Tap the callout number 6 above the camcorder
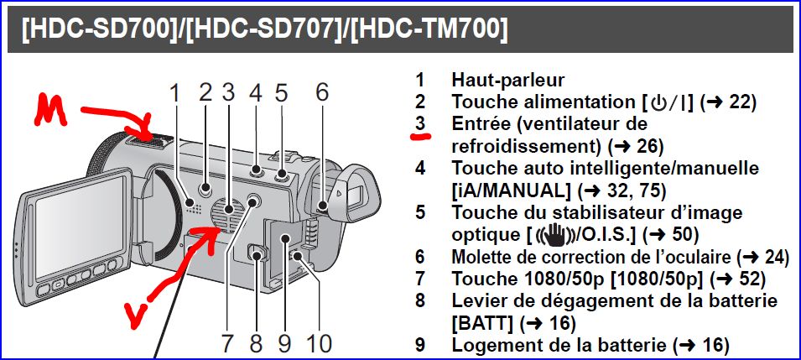pyautogui.click(x=322, y=93)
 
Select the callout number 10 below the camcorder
pyautogui.click(x=317, y=344)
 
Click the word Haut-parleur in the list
pyautogui.click(x=507, y=80)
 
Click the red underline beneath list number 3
pyautogui.click(x=421, y=136)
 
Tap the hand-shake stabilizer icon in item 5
pyautogui.click(x=554, y=235)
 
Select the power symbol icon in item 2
pyautogui.click(x=657, y=102)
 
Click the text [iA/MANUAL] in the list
pyautogui.click(x=512, y=190)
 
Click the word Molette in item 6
pyautogui.click(x=481, y=257)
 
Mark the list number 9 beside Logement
pyautogui.click(x=420, y=346)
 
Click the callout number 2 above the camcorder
pyautogui.click(x=205, y=93)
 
